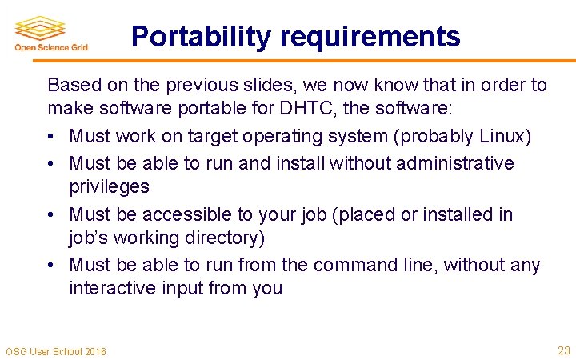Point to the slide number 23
coord(563,350)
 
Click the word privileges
coord(109,186)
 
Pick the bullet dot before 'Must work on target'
coord(52,138)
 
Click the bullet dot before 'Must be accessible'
coord(52,215)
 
